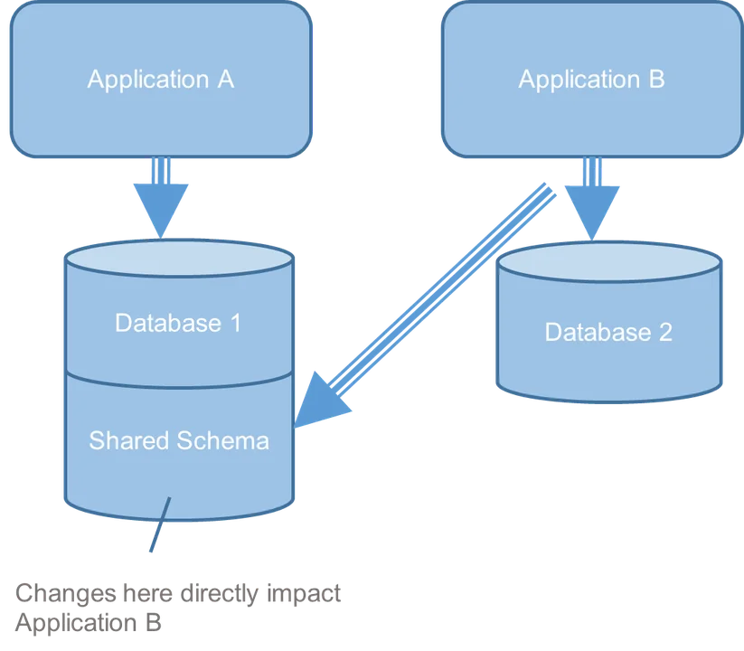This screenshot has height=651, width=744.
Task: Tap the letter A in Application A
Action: [225, 80]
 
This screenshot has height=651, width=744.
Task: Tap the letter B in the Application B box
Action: [656, 80]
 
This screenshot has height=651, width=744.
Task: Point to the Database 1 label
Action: [178, 323]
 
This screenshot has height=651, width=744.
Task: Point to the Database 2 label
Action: [608, 332]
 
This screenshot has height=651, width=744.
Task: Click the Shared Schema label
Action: [179, 440]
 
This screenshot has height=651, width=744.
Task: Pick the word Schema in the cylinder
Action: [222, 440]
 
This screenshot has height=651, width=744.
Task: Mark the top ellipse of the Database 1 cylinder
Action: [178, 259]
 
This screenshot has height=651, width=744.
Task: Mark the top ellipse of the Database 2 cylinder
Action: [608, 263]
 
